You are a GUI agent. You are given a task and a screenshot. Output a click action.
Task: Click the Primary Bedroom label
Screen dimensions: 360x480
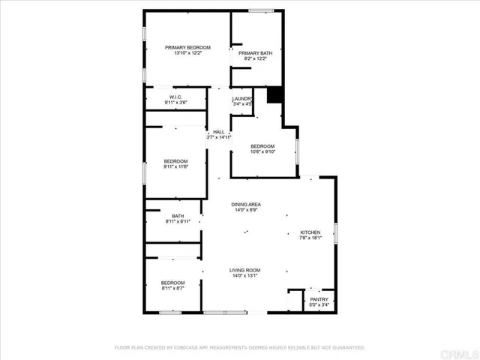pos(188,47)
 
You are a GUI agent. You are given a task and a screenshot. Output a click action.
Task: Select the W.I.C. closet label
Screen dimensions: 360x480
pos(176,97)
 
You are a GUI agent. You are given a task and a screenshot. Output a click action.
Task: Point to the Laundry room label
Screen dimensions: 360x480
pos(241,99)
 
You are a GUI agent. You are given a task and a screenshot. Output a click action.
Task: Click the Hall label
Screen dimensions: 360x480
pos(218,132)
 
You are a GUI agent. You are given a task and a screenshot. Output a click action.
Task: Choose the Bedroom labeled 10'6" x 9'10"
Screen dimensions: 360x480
pos(262,145)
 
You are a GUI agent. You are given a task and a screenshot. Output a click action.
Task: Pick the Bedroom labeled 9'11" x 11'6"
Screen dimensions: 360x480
pos(176,161)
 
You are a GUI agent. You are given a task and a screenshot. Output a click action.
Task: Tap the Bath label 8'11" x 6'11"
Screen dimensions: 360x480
pos(178,216)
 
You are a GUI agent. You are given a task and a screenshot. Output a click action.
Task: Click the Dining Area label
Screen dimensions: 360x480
pos(246,204)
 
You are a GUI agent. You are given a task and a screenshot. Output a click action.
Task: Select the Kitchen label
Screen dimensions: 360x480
pos(310,232)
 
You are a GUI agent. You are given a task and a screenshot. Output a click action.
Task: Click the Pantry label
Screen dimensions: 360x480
pos(319,298)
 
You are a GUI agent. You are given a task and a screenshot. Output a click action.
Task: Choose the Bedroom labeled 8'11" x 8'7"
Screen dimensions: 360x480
pos(174,283)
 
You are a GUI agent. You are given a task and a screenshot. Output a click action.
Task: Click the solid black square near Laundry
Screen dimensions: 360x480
pos(274,94)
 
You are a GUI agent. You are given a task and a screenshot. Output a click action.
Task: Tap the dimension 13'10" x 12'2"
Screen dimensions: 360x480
pos(188,53)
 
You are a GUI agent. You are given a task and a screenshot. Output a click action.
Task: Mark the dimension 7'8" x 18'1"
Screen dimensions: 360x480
pos(310,238)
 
